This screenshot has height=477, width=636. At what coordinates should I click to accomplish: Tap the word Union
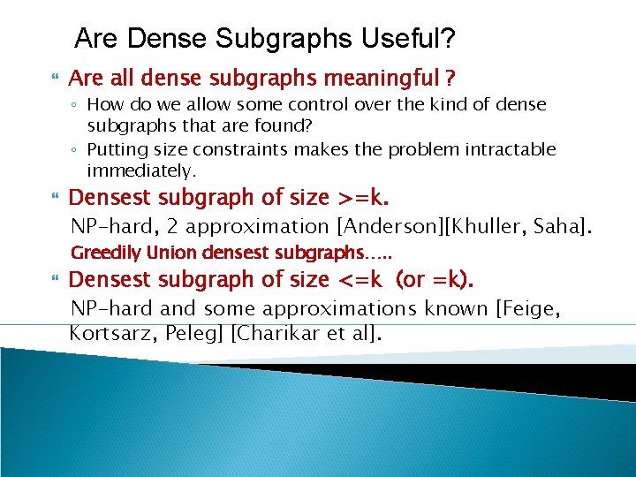pyautogui.click(x=172, y=254)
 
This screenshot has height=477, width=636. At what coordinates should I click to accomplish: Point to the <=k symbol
pyautogui.click(x=360, y=280)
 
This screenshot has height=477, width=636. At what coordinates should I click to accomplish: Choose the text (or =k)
pyautogui.click(x=435, y=280)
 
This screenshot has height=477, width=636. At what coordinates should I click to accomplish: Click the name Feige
pyautogui.click(x=537, y=309)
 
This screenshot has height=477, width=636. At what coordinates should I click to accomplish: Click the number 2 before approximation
pyautogui.click(x=173, y=227)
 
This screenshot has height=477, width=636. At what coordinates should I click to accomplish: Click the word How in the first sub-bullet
pyautogui.click(x=103, y=104)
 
